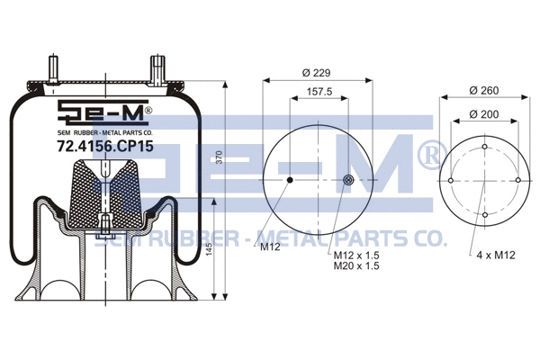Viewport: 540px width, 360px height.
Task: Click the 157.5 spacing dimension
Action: click(x=320, y=92)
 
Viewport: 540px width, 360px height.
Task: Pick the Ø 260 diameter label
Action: click(x=485, y=91)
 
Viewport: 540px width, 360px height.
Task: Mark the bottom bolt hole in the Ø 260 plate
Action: click(x=484, y=215)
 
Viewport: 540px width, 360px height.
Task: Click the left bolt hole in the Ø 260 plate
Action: click(x=450, y=181)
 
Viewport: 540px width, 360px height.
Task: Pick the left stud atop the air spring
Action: click(x=54, y=70)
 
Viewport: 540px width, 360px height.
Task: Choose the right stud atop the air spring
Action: click(x=158, y=70)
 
